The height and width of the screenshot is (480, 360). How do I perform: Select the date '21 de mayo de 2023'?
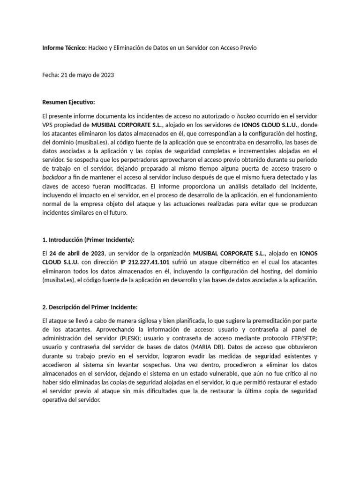click(87, 75)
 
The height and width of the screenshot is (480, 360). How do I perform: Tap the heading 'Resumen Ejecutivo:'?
click(68, 102)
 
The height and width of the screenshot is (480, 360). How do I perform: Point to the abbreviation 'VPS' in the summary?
click(48, 124)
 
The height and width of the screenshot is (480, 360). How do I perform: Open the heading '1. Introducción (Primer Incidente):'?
click(88, 240)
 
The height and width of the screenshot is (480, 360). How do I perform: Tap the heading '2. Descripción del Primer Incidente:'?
click(90, 307)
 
